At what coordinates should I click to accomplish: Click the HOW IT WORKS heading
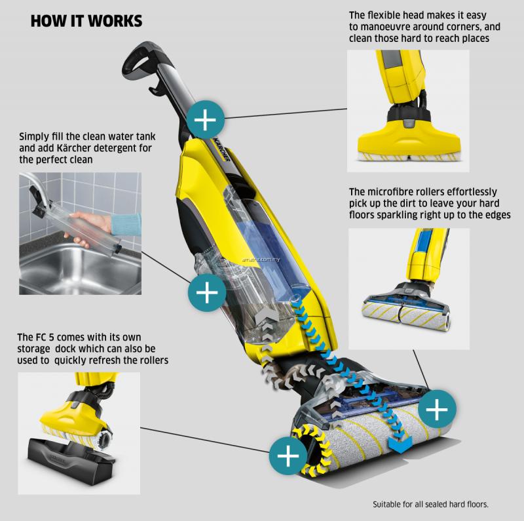point(86,21)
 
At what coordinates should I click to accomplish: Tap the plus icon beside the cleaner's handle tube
point(206,120)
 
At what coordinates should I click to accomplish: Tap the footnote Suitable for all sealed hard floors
point(430,505)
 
